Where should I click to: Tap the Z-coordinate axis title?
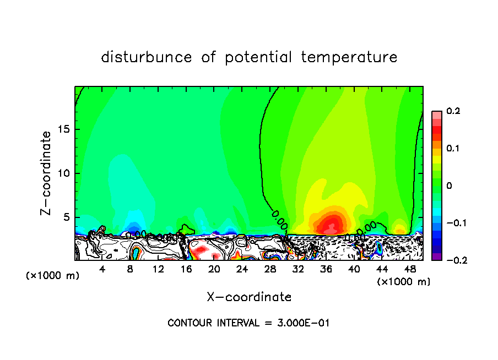coord(47,173)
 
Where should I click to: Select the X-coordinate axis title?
coord(249,297)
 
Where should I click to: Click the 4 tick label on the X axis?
coord(102,269)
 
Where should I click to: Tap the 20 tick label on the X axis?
coord(214,269)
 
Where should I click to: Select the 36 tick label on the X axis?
coord(326,269)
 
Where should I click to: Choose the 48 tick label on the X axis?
coord(410,269)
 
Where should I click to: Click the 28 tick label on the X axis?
coord(270,269)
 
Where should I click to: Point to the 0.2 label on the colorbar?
coord(453,111)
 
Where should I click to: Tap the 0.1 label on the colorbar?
coord(453,149)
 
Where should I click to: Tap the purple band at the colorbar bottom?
coord(436,256)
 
